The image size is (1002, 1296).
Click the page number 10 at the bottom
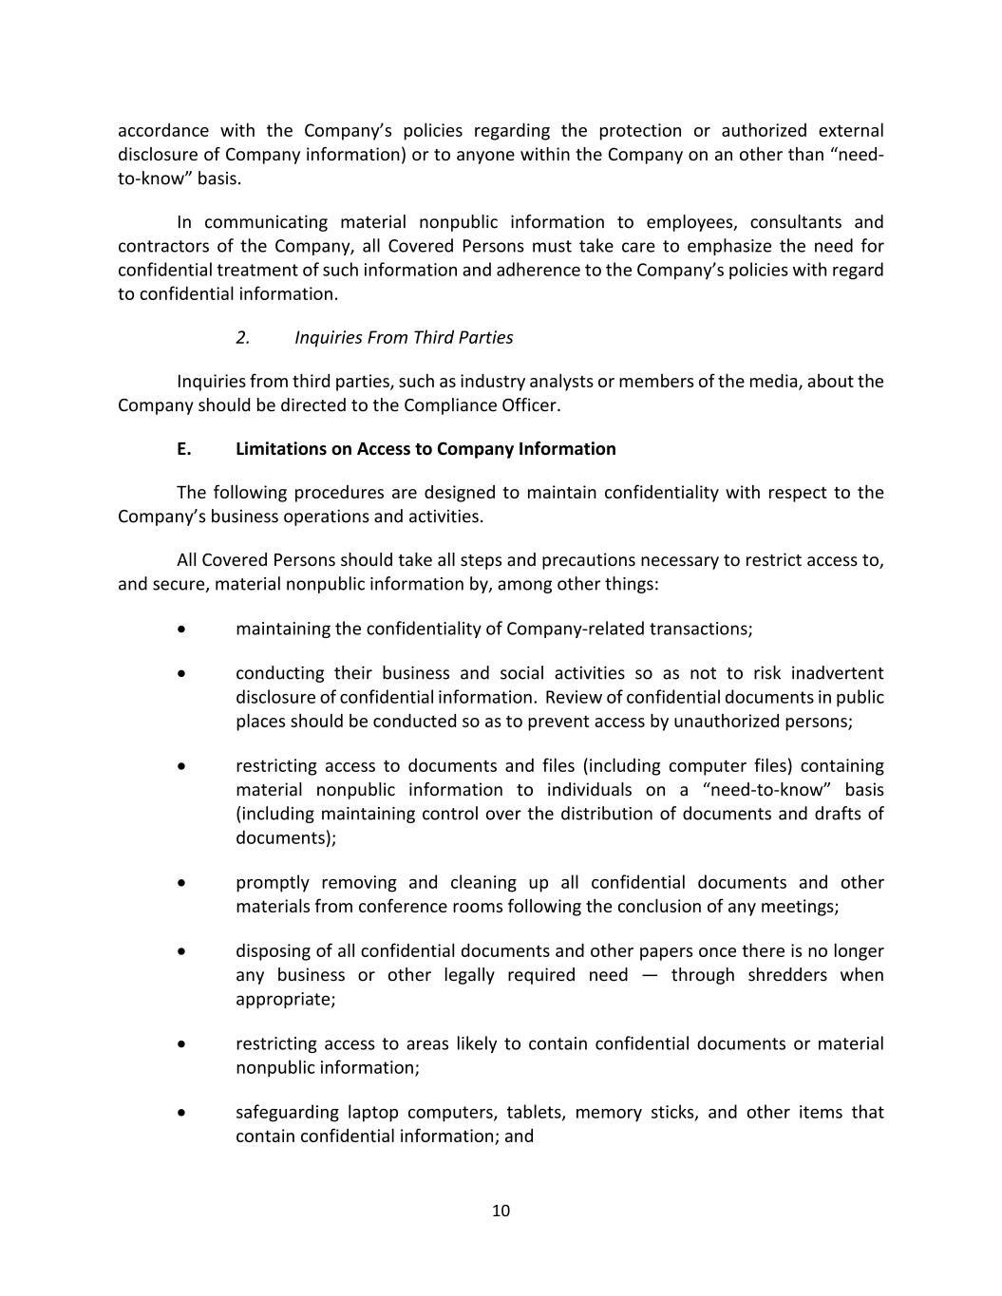pyautogui.click(x=501, y=1211)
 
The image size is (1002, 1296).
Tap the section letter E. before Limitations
pyautogui.click(x=184, y=449)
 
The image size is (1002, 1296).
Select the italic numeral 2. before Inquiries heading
pyautogui.click(x=243, y=338)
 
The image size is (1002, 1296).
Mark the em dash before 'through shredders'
pyautogui.click(x=650, y=975)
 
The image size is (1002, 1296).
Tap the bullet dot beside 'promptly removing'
pyautogui.click(x=181, y=883)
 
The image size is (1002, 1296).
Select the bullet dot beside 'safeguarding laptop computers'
pyautogui.click(x=181, y=1113)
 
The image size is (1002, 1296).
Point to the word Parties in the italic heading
pyautogui.click(x=485, y=338)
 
